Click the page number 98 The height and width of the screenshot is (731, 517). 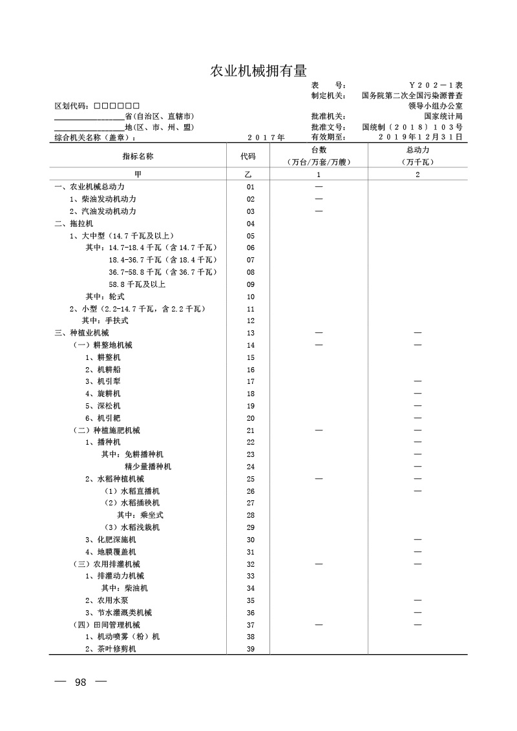(x=81, y=683)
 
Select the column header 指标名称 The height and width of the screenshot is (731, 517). (x=138, y=156)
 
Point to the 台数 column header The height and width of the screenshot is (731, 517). (x=319, y=151)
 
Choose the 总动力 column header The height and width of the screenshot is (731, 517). (x=417, y=151)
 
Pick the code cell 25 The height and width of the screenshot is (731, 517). (x=251, y=479)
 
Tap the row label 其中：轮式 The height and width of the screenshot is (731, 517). (x=105, y=297)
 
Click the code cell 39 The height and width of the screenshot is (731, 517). (x=251, y=649)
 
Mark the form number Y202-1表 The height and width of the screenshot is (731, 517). (x=436, y=85)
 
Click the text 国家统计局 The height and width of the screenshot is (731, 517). (x=443, y=116)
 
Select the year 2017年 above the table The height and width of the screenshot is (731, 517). (x=266, y=138)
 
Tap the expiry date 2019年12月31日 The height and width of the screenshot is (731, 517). (x=420, y=137)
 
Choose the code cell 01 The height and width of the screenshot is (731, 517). (x=251, y=187)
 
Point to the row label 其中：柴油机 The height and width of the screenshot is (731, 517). (x=124, y=588)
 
